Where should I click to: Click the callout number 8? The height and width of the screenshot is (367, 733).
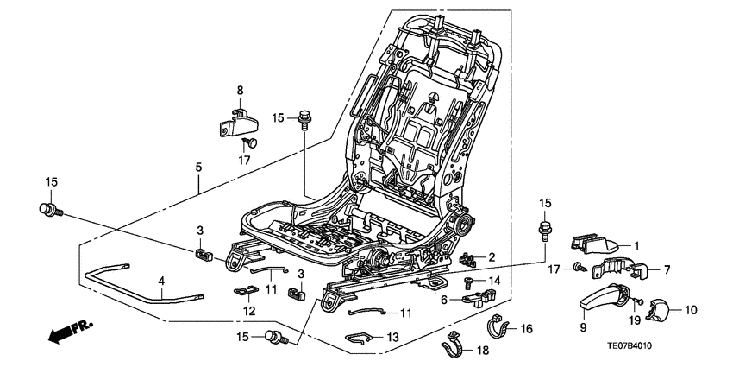coord(241,90)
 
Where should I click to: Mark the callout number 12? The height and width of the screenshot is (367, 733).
coord(248,310)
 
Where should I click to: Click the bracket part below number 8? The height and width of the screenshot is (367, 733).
coord(233,120)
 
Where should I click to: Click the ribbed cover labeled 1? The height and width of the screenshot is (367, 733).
coord(595,245)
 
